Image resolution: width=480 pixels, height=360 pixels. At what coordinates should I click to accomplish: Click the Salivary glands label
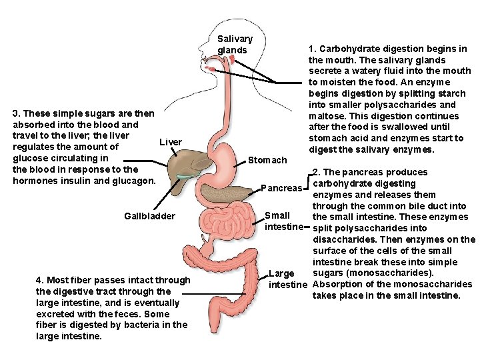click(x=235, y=45)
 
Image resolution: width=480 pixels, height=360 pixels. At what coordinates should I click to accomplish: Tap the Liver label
click(x=171, y=142)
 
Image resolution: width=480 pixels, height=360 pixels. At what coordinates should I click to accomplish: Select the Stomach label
click(x=267, y=160)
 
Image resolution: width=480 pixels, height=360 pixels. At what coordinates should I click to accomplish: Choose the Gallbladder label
click(x=150, y=216)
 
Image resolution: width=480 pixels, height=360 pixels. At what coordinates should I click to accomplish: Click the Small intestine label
click(x=277, y=221)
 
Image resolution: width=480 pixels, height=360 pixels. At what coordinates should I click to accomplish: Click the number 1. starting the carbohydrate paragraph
click(x=312, y=49)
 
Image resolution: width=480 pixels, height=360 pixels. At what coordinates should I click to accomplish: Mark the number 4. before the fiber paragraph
click(x=40, y=280)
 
